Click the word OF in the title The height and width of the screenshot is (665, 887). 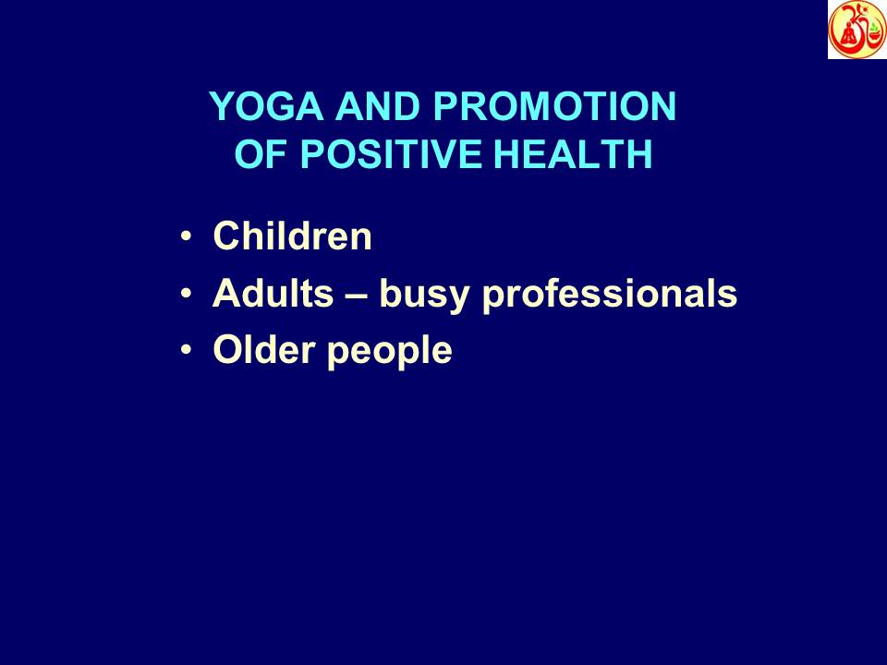tap(256, 155)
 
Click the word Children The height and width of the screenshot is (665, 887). tap(293, 237)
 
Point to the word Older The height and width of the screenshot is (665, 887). tap(256, 351)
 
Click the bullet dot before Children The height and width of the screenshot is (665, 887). tap(188, 238)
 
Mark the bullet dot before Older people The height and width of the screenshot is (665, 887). tap(188, 352)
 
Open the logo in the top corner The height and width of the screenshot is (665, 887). tap(857, 30)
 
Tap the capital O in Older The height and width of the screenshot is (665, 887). tap(225, 351)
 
